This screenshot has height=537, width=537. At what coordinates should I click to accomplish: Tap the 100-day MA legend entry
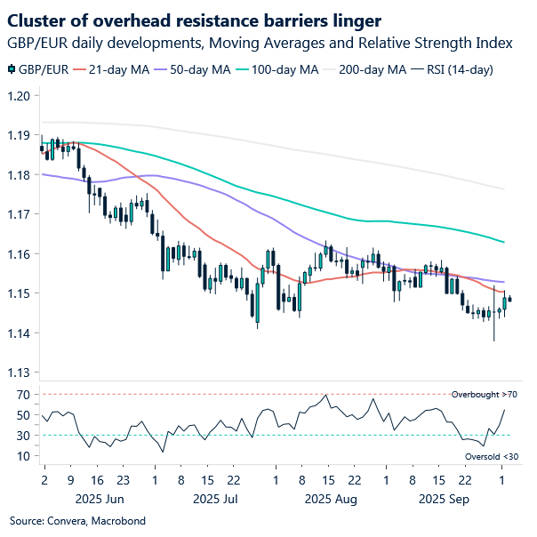[x=284, y=69]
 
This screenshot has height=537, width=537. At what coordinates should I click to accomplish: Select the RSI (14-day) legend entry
[x=458, y=69]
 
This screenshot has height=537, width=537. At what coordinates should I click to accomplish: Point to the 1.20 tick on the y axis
[x=20, y=96]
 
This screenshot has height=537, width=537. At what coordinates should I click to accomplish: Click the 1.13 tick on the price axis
[x=20, y=373]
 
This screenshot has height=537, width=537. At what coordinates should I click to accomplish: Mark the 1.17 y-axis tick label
[x=20, y=214]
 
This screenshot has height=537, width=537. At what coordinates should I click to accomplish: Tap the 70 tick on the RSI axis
[x=22, y=394]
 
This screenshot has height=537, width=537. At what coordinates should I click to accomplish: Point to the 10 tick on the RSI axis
[x=22, y=456]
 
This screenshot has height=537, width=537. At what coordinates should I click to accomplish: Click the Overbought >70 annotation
[x=483, y=394]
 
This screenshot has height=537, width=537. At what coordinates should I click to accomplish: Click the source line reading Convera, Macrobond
[x=77, y=520]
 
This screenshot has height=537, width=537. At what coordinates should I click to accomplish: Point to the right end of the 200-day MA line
[x=505, y=188]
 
